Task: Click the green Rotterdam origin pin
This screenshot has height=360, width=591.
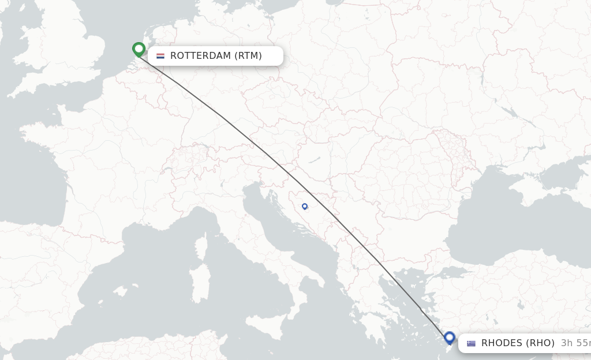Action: click(x=139, y=49)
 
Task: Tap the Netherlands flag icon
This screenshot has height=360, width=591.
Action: click(x=160, y=56)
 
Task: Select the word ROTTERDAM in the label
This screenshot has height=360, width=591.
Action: click(x=200, y=56)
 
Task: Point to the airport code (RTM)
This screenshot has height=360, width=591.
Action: click(x=248, y=56)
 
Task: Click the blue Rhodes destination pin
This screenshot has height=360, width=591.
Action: click(x=450, y=337)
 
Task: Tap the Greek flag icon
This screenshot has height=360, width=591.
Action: click(x=472, y=343)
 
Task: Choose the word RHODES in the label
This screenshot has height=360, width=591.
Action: click(x=502, y=343)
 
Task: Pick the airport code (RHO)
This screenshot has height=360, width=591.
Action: click(x=541, y=343)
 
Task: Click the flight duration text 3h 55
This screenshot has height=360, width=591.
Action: click(x=575, y=343)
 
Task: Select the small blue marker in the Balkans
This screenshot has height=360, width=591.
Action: click(x=305, y=206)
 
